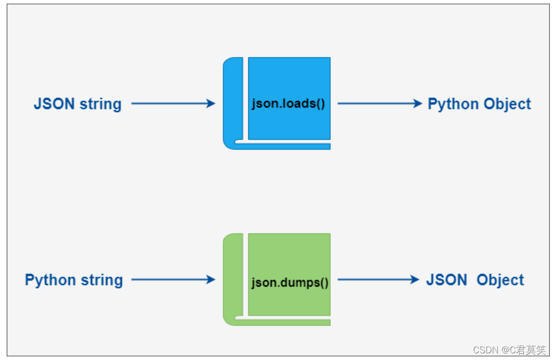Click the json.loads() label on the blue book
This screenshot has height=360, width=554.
288,104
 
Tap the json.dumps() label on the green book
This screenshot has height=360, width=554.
289,282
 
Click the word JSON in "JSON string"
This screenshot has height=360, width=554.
54,104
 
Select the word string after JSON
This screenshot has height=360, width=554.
100,105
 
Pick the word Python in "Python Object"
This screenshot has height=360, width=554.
453,105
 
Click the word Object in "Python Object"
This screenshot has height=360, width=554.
507,105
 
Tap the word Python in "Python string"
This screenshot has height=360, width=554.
50,280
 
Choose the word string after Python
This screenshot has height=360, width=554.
102,280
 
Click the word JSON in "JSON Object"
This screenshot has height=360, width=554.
446,280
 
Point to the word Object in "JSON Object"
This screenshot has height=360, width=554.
500,280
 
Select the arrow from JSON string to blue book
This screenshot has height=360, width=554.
173,104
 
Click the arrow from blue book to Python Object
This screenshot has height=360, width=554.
380,104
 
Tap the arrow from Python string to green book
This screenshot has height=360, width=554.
173,279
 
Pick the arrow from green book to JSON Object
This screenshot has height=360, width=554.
378,279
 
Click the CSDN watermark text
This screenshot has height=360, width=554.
509,350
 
